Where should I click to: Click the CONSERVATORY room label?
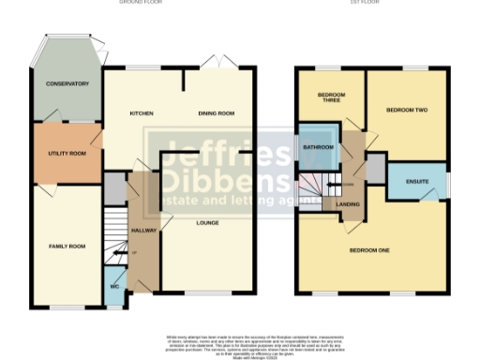click(67, 84)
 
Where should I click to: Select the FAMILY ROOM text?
click(67, 246)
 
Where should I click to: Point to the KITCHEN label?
click(142, 114)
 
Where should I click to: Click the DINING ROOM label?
click(216, 114)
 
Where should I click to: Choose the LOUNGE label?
click(207, 223)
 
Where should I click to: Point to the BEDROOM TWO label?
click(407, 111)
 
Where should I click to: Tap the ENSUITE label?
click(417, 180)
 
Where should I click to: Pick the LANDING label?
click(349, 203)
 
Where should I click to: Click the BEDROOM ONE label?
click(369, 250)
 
